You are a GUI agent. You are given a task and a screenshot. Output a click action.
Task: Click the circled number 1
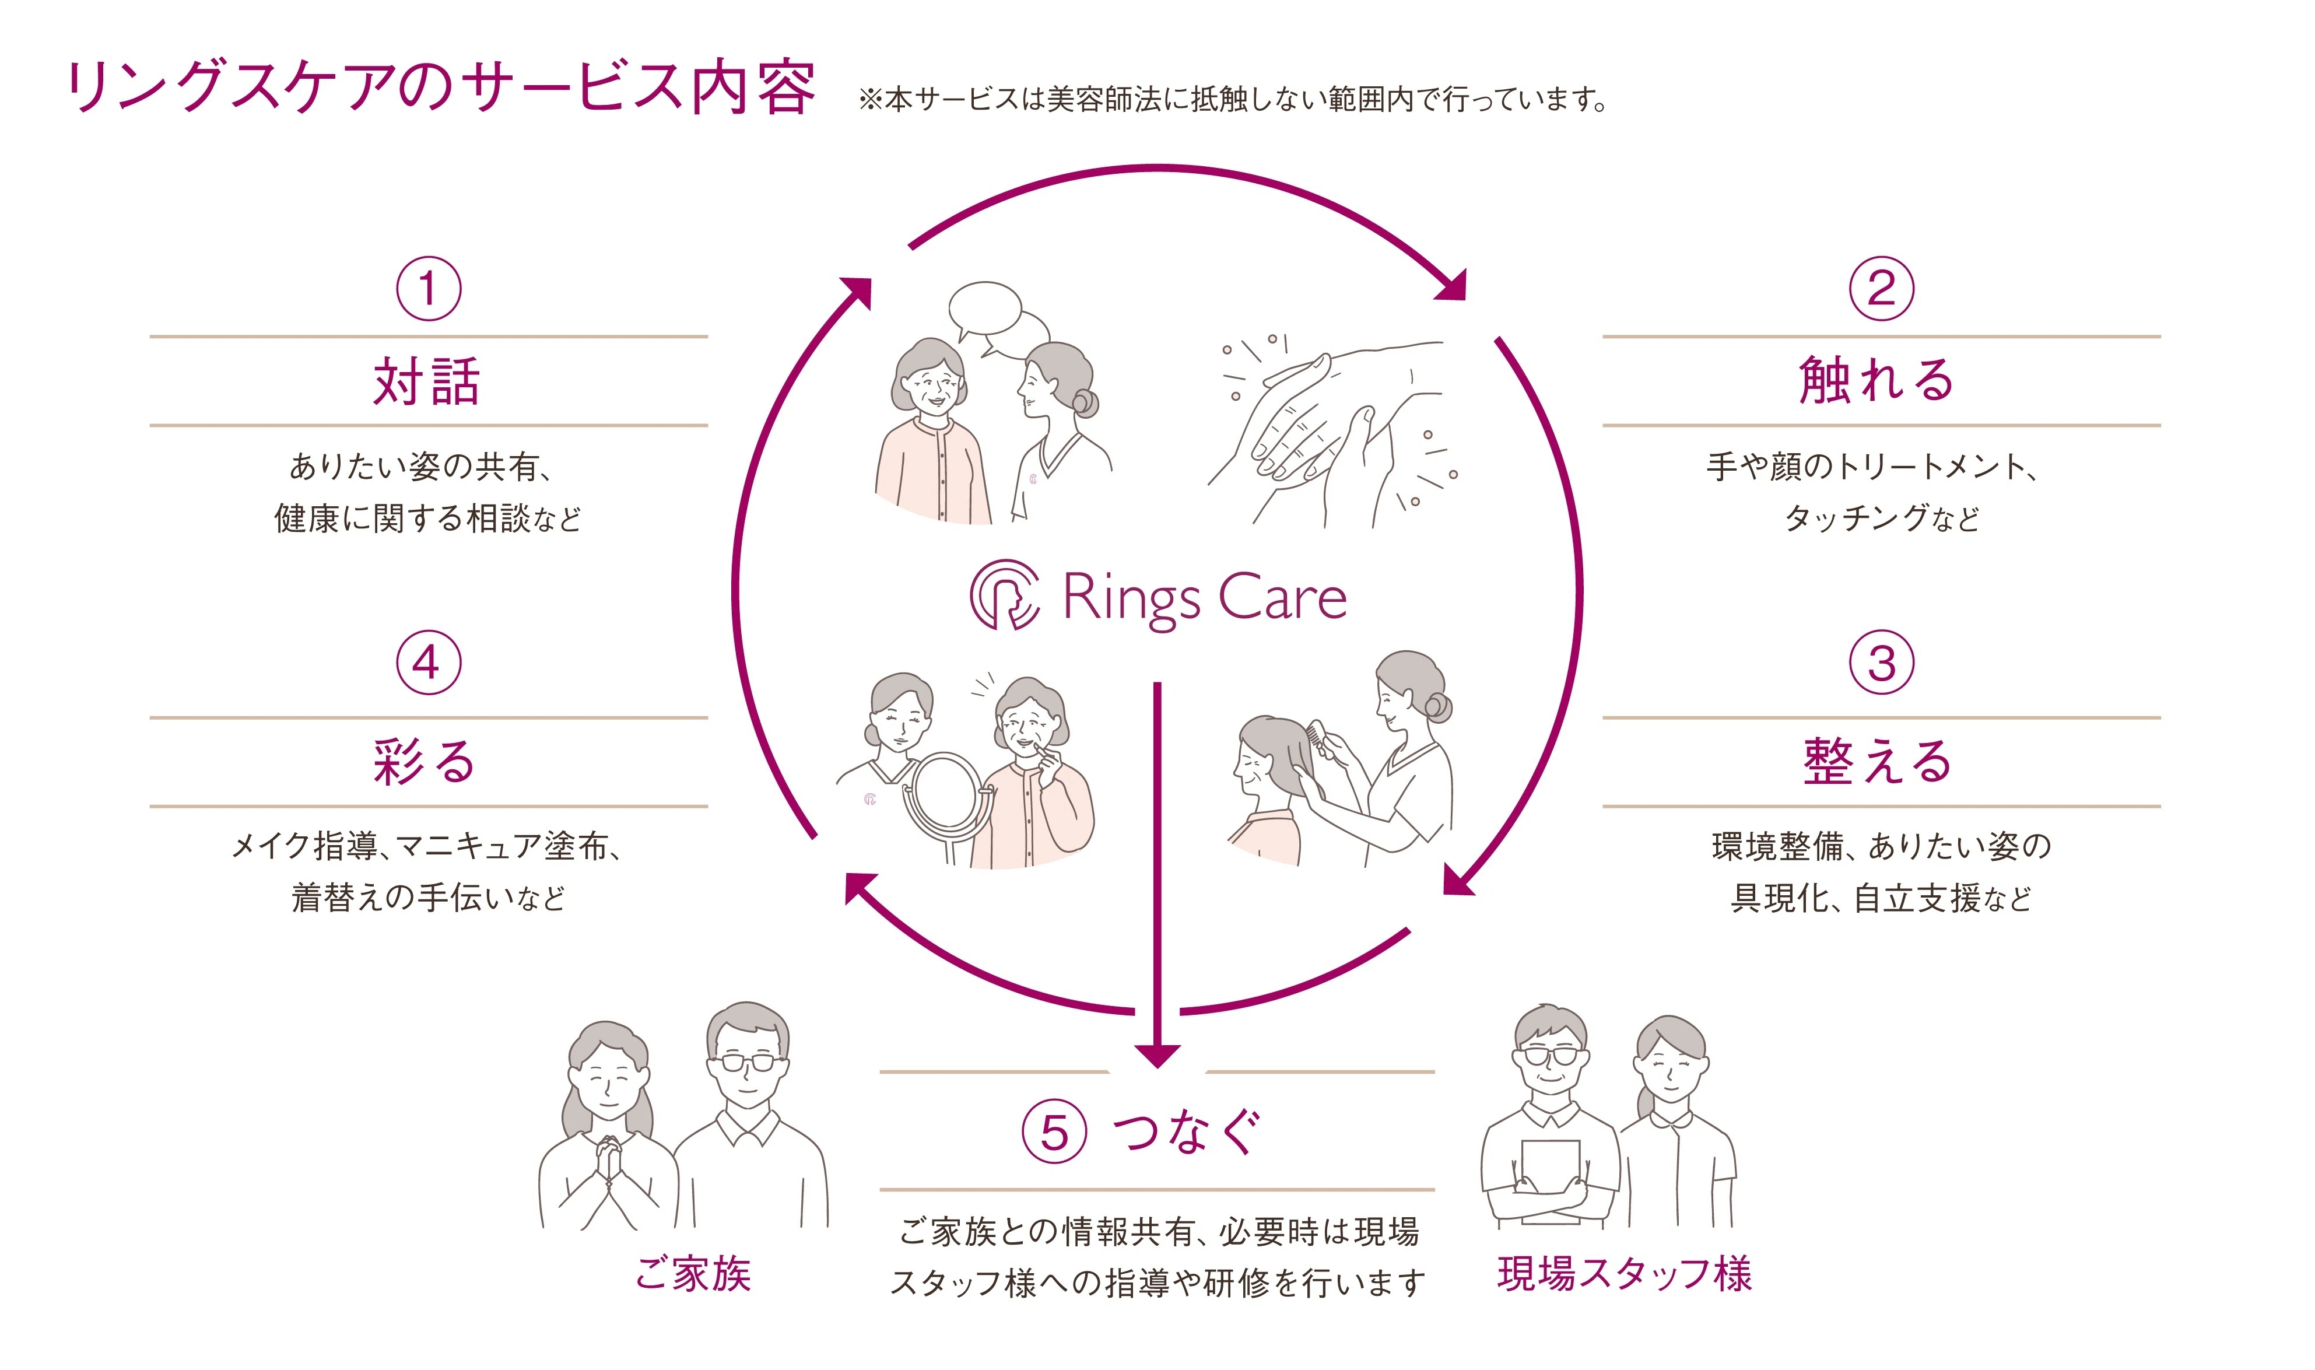pos(428,289)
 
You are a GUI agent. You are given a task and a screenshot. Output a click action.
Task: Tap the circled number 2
pos(1881,289)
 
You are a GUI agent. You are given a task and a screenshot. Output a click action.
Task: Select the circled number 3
pos(1881,663)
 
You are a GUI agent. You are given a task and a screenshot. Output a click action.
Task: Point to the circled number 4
pos(428,663)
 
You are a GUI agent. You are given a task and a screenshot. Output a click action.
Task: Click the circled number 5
pos(1054,1132)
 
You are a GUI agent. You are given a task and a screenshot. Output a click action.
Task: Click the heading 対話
pos(426,381)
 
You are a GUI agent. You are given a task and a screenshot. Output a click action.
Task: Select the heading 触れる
pos(1878,381)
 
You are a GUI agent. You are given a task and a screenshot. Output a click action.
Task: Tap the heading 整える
pos(1878,762)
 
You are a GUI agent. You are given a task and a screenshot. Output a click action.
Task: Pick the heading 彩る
pos(425,762)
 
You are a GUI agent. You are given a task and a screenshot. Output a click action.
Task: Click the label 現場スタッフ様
pos(1625,1274)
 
